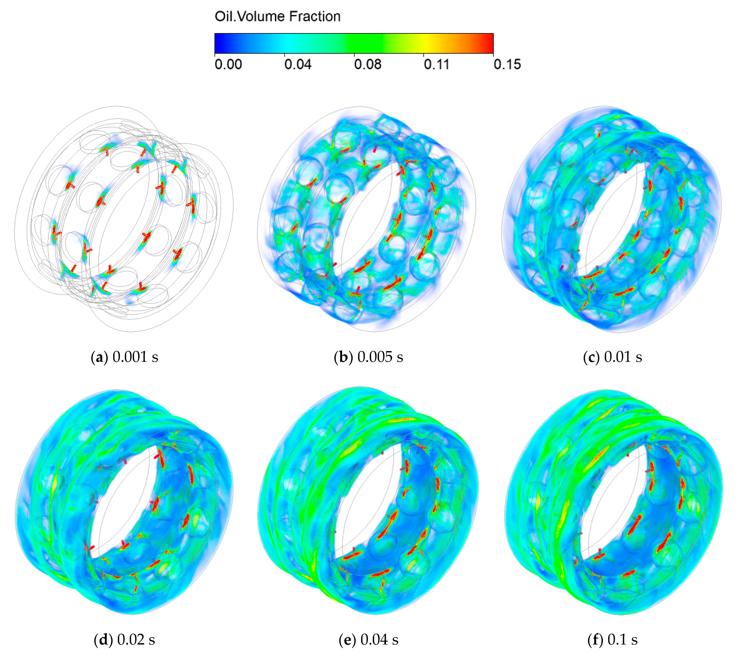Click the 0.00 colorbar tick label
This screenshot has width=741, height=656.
[228, 64]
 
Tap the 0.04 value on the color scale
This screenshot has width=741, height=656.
[298, 64]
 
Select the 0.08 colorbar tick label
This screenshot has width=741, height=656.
[368, 64]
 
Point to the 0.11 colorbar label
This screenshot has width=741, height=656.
[436, 64]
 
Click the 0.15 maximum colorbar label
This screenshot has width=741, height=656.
[507, 64]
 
